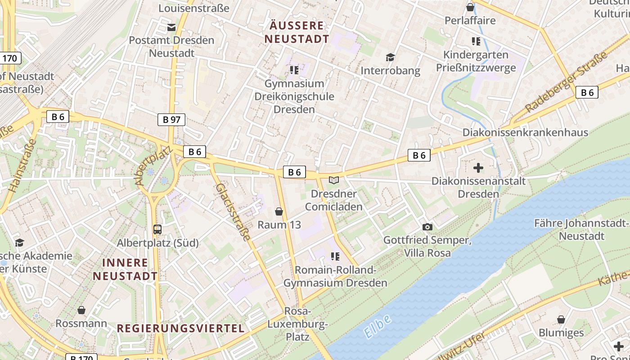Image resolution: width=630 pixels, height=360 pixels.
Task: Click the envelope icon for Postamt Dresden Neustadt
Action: point(171,27)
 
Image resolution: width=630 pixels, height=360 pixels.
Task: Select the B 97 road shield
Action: point(171,120)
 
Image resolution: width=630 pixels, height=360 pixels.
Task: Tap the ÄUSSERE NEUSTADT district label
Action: point(297,32)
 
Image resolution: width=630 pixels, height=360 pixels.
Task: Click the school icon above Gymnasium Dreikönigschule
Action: point(294,70)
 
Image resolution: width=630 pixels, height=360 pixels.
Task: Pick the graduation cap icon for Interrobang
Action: point(390,58)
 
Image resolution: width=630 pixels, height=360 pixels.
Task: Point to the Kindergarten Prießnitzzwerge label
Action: point(476,62)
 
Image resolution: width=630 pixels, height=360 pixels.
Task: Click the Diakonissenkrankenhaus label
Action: point(525,132)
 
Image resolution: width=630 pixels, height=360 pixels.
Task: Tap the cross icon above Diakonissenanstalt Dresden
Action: point(478,168)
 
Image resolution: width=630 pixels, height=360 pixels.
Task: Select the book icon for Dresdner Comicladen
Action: point(333,180)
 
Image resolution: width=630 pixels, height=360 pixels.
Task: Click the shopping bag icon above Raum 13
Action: point(279,211)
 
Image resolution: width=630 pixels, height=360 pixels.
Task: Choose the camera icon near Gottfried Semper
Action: point(427,227)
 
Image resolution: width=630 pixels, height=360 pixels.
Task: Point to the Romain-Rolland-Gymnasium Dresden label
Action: point(335,276)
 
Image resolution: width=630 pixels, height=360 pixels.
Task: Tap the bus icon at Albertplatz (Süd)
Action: point(157,229)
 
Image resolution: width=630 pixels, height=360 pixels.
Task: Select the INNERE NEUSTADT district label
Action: point(126,269)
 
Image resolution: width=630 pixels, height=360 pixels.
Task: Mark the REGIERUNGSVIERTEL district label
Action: point(181,328)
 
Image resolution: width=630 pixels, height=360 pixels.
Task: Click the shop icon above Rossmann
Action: point(81,310)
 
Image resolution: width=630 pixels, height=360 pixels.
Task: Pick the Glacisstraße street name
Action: point(233,211)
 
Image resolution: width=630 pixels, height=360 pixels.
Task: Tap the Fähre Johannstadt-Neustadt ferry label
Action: point(581,229)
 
